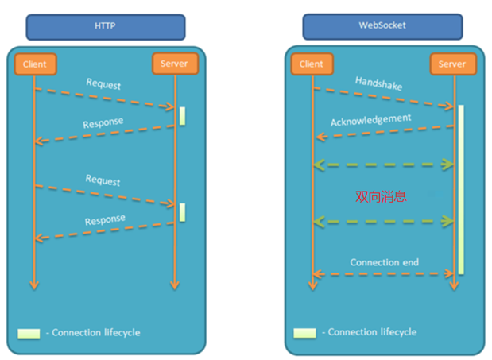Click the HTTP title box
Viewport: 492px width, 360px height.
tap(106, 26)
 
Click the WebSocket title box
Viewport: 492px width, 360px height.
tap(383, 26)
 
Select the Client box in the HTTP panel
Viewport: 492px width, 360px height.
tap(35, 64)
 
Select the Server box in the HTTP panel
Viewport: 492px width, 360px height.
tap(174, 64)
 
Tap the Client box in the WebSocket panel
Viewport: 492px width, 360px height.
tap(312, 64)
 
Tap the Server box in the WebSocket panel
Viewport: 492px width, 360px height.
tap(452, 64)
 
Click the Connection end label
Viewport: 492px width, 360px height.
tap(384, 262)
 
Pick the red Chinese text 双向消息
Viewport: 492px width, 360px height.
tap(381, 195)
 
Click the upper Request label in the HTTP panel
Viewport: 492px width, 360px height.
tap(103, 85)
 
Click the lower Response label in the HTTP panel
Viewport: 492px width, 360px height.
tap(104, 220)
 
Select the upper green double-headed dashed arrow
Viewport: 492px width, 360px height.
tap(384, 165)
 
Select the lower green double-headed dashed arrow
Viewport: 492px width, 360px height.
tap(384, 220)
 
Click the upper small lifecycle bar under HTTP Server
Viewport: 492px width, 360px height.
tap(182, 115)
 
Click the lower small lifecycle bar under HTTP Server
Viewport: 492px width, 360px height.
tap(182, 212)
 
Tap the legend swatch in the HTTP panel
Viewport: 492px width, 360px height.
tap(29, 332)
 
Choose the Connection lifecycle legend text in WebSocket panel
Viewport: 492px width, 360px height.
tap(372, 332)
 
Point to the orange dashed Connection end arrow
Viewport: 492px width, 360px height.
tap(384, 274)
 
